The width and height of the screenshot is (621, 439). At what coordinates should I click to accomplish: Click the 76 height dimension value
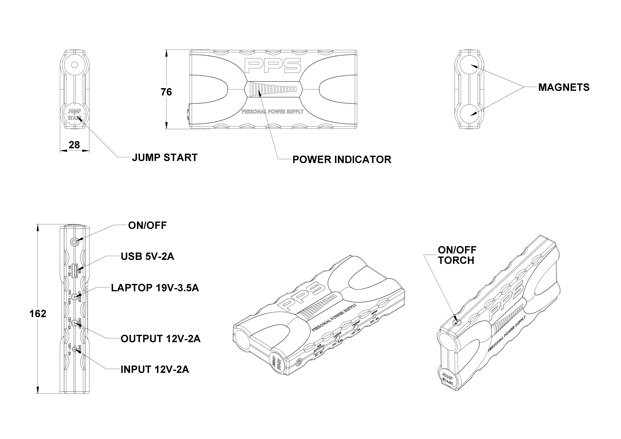click(x=166, y=92)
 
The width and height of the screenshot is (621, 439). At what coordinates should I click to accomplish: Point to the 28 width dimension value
click(x=74, y=145)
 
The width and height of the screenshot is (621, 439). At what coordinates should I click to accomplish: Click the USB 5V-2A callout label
click(x=147, y=256)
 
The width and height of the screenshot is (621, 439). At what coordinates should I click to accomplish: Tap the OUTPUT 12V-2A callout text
click(x=160, y=339)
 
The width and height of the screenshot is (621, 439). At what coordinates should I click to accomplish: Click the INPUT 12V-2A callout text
click(x=155, y=370)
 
